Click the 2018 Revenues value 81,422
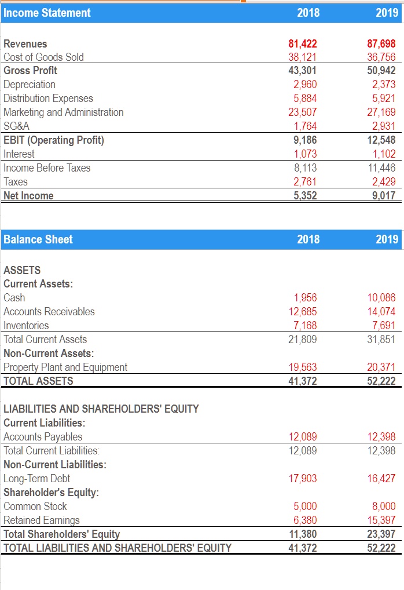pos(303,43)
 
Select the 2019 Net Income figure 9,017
pos(384,195)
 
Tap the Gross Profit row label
pos(30,71)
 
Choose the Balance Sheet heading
pos(38,239)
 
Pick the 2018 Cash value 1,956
pos(305,298)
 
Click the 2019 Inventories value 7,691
pos(384,325)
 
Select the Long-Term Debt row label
pos(37,479)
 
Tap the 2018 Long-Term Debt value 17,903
pos(303,479)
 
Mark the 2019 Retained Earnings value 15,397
pos(382,520)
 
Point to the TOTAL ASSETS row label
pos(39,381)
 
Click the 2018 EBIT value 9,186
pos(305,140)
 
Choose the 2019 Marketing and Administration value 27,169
pos(382,112)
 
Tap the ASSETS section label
pos(23,270)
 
